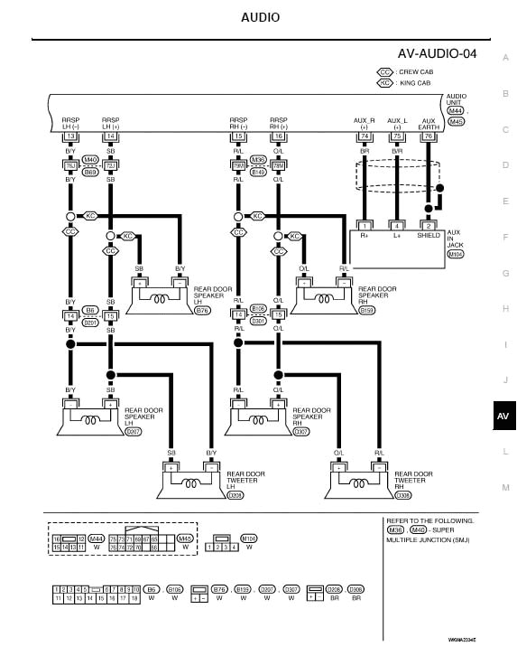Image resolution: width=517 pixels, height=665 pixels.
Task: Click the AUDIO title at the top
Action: tap(260, 17)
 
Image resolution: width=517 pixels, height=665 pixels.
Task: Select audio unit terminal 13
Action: tap(70, 136)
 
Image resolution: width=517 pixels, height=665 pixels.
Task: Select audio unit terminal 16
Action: tap(278, 136)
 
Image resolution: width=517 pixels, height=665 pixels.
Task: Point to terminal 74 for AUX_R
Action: tap(365, 136)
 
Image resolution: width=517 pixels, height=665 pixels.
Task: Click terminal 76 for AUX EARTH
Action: tap(429, 136)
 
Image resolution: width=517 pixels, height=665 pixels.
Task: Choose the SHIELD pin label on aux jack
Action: tap(429, 236)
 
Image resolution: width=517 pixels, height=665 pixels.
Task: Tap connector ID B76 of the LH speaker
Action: tap(201, 311)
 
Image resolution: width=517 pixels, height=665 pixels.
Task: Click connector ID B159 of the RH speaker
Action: tap(367, 311)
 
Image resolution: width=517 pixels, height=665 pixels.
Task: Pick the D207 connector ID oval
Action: tap(134, 432)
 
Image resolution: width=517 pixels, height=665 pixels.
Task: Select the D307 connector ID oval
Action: tap(301, 432)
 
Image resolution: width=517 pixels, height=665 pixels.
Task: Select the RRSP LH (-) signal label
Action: tap(70, 122)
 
